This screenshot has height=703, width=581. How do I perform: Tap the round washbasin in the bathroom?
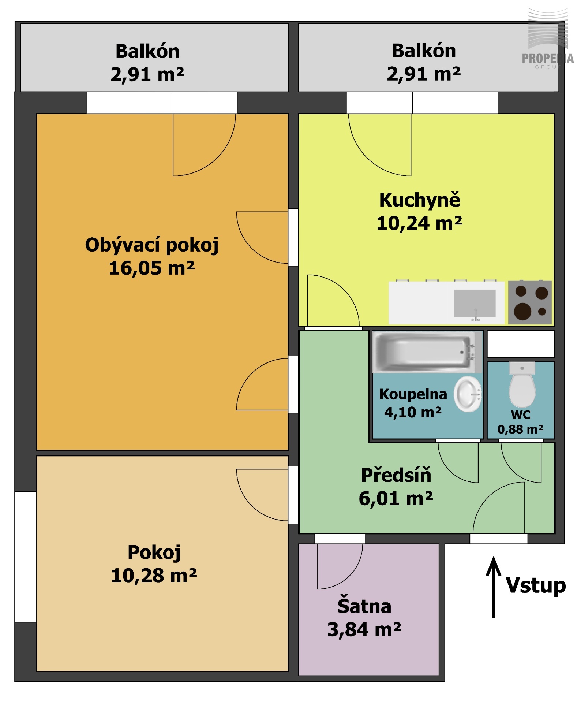(x=468, y=394)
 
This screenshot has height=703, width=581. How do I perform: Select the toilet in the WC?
(x=522, y=384)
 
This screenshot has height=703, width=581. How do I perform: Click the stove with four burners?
(x=530, y=302)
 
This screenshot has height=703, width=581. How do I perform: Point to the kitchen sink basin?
(x=475, y=304)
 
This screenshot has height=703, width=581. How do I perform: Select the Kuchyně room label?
(x=420, y=200)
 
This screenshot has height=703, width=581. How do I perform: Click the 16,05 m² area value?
(x=152, y=268)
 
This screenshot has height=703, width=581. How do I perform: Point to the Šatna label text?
(x=364, y=606)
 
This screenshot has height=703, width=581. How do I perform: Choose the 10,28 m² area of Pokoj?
(x=154, y=576)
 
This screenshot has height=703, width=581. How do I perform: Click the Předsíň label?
(x=396, y=475)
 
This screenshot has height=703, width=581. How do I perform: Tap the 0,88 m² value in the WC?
(x=520, y=429)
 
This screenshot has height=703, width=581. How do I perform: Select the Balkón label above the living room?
(x=148, y=51)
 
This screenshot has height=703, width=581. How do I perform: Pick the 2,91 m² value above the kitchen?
(x=424, y=74)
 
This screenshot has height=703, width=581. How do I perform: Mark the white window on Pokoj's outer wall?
(x=26, y=557)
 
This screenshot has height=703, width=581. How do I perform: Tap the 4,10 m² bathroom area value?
(x=413, y=413)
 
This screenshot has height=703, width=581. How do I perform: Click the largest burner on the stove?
(x=522, y=312)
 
